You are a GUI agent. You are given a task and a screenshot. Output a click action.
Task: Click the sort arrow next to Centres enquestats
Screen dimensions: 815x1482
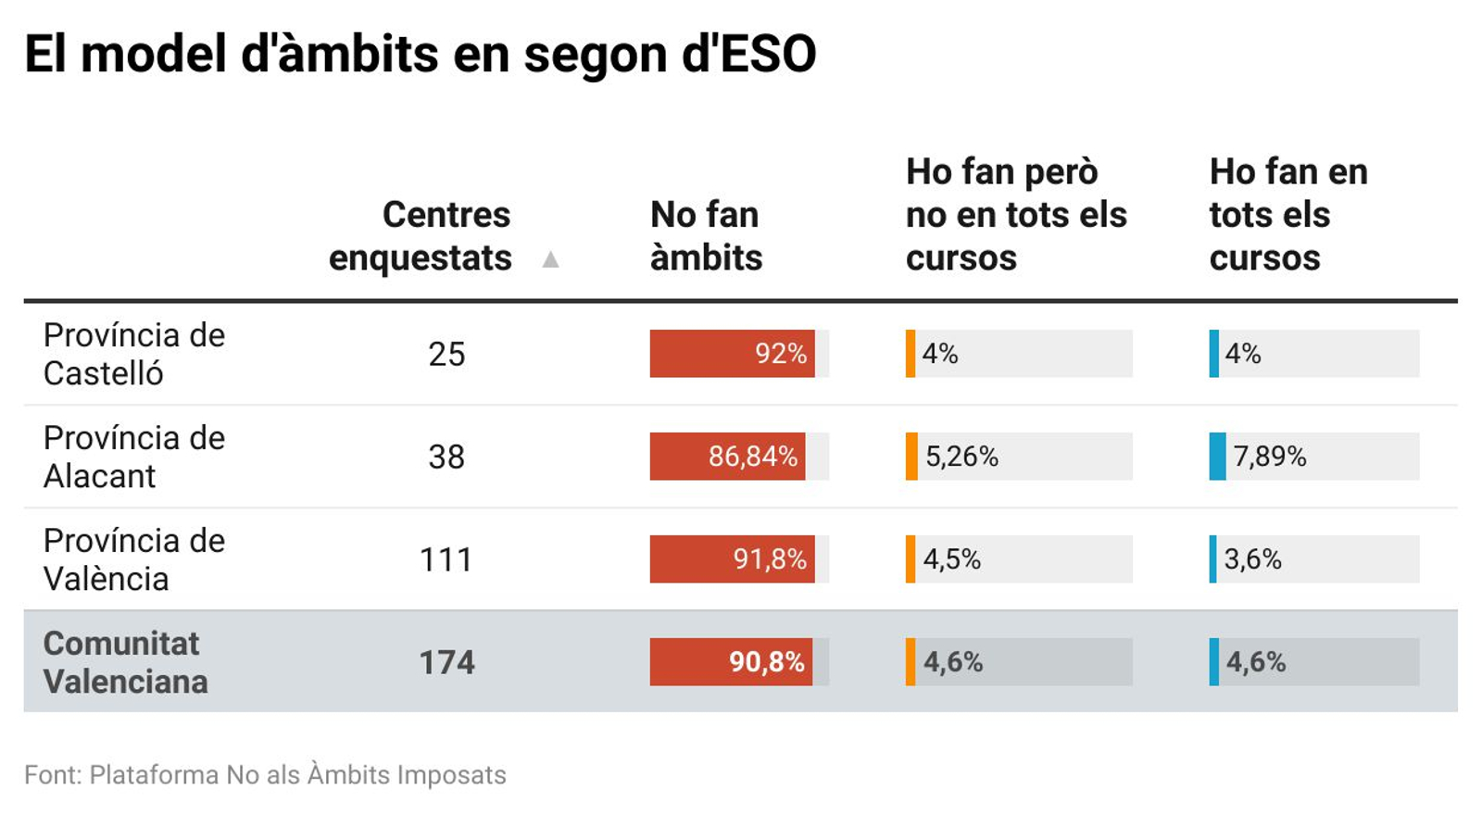[550, 259]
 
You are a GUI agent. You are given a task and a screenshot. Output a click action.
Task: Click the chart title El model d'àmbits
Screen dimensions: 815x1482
[420, 54]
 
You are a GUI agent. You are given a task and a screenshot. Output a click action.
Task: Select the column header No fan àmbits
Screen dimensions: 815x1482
[706, 236]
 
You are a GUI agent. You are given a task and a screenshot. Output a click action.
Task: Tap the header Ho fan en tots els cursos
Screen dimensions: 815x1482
[1287, 215]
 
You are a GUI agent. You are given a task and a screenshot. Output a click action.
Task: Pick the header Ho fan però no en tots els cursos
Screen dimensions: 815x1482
[1015, 215]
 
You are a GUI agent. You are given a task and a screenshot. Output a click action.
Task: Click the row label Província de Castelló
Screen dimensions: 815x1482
[134, 354]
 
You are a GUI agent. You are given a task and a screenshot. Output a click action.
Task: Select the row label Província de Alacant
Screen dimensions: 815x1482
[134, 457]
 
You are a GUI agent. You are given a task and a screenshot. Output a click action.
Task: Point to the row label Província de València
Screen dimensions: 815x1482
[134, 559]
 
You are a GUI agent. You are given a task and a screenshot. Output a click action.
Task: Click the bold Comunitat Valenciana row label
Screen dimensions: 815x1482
[125, 662]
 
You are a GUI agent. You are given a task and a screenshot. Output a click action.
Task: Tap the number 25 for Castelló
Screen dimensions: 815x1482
[446, 354]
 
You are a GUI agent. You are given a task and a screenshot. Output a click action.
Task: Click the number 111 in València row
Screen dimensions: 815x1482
[446, 559]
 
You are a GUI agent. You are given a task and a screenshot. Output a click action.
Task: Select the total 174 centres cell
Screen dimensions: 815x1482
[446, 662]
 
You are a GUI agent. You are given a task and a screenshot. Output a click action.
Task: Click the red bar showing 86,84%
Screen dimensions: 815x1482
[727, 457]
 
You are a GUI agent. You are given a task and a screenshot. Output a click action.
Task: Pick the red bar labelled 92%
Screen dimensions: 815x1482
[732, 354]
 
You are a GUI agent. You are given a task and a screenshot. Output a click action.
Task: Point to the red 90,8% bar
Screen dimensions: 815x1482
[731, 662]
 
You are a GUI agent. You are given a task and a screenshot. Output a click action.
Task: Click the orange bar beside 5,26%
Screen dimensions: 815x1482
[911, 457]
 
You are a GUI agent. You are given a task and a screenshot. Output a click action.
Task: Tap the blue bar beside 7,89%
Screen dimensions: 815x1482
[1217, 457]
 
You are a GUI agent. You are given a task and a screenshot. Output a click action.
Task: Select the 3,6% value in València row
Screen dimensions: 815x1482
[1252, 559]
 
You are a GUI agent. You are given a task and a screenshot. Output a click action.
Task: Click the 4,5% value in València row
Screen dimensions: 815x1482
[951, 559]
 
